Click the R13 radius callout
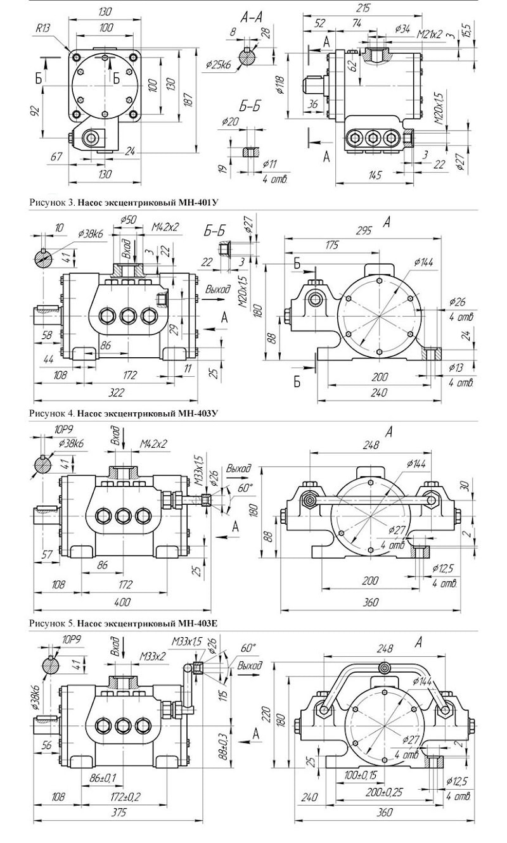[x=43, y=29]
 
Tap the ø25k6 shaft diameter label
[x=219, y=65]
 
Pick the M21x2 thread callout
[x=430, y=35]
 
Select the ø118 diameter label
[x=280, y=85]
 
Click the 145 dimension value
[x=375, y=175]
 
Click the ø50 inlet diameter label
[x=129, y=220]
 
